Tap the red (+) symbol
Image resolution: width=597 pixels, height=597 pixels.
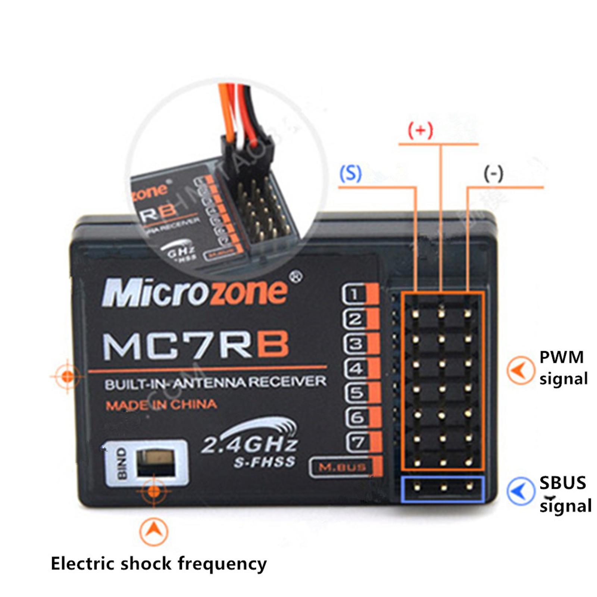(x=421, y=131)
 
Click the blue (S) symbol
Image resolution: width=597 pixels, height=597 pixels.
(x=350, y=173)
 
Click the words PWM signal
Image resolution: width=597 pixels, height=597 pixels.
(x=563, y=368)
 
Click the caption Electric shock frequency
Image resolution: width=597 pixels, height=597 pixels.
(x=159, y=563)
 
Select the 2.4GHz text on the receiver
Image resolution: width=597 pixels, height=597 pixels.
(x=249, y=444)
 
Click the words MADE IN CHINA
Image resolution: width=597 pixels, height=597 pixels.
(x=161, y=405)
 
